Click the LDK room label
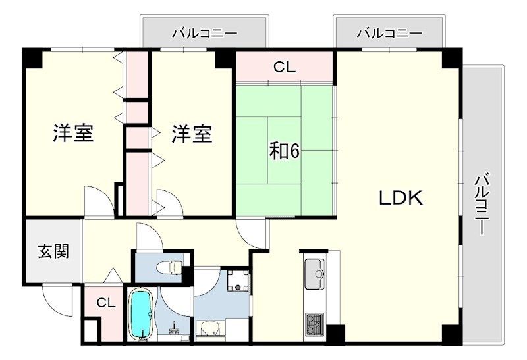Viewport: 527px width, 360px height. pos(401,198)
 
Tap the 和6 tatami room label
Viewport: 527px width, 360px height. pos(284,153)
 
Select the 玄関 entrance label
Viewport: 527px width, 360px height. pos(54,251)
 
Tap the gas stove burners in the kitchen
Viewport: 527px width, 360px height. pos(315,324)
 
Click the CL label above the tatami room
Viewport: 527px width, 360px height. pos(285,68)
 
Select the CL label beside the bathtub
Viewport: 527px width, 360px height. pos(106,303)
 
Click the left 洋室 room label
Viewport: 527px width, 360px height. pos(73,134)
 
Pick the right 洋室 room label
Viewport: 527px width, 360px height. pos(192,134)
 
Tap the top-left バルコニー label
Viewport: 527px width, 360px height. pos(205,34)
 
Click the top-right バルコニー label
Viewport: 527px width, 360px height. pos(389,34)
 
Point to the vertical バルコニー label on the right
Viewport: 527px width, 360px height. pos(482,204)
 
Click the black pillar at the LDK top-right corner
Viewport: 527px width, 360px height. pos(452,59)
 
